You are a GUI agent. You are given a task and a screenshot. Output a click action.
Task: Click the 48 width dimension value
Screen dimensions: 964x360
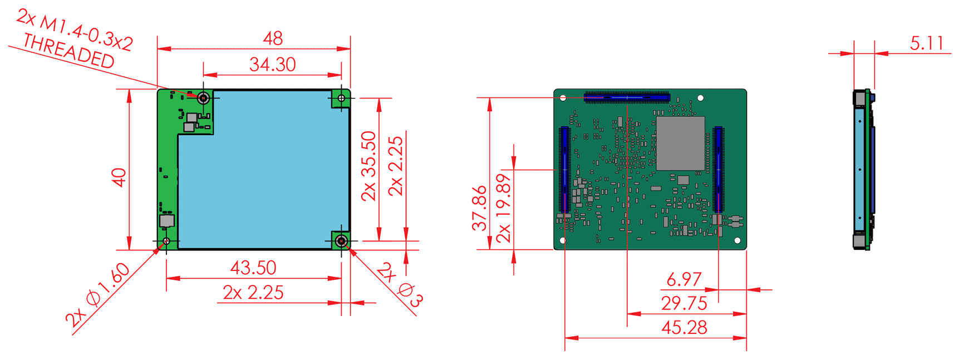click(273, 38)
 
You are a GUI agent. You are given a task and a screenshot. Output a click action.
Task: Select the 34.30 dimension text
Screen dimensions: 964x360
click(273, 65)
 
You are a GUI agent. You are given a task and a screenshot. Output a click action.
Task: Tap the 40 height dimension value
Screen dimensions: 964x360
click(119, 177)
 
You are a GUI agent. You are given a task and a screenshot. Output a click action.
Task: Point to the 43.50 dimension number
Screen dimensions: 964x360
click(253, 268)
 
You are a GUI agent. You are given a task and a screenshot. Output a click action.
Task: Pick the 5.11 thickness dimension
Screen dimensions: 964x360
click(927, 43)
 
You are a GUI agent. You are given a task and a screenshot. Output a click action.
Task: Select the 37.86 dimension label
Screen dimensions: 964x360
click(479, 208)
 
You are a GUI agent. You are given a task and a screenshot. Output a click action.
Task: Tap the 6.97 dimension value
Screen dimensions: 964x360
click(684, 279)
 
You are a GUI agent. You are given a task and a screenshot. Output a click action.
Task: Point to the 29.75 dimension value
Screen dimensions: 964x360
click(684, 303)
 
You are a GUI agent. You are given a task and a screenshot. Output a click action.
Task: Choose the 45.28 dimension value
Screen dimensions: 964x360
click(684, 328)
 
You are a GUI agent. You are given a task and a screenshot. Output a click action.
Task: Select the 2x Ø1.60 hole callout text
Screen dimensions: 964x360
click(98, 294)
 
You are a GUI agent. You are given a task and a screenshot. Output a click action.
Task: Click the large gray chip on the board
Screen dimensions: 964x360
click(681, 144)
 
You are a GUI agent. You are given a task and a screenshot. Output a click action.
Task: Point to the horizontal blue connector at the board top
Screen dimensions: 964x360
click(627, 98)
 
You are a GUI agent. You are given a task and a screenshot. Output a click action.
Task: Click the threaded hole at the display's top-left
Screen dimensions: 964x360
click(204, 98)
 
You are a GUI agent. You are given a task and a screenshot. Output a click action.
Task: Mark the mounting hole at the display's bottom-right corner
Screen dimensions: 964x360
click(342, 241)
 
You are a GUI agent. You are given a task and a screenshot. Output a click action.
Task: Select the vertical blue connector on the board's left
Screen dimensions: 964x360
click(565, 170)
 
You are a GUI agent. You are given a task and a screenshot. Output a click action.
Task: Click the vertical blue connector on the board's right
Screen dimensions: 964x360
click(719, 170)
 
